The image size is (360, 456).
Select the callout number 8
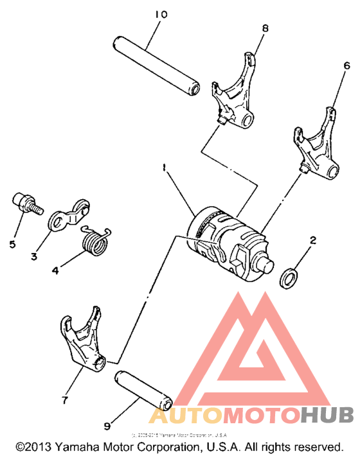[265, 28]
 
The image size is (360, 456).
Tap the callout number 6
[346, 66]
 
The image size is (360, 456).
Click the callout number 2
[313, 241]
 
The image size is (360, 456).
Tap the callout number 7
[64, 400]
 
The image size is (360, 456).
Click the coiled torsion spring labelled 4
[94, 241]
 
